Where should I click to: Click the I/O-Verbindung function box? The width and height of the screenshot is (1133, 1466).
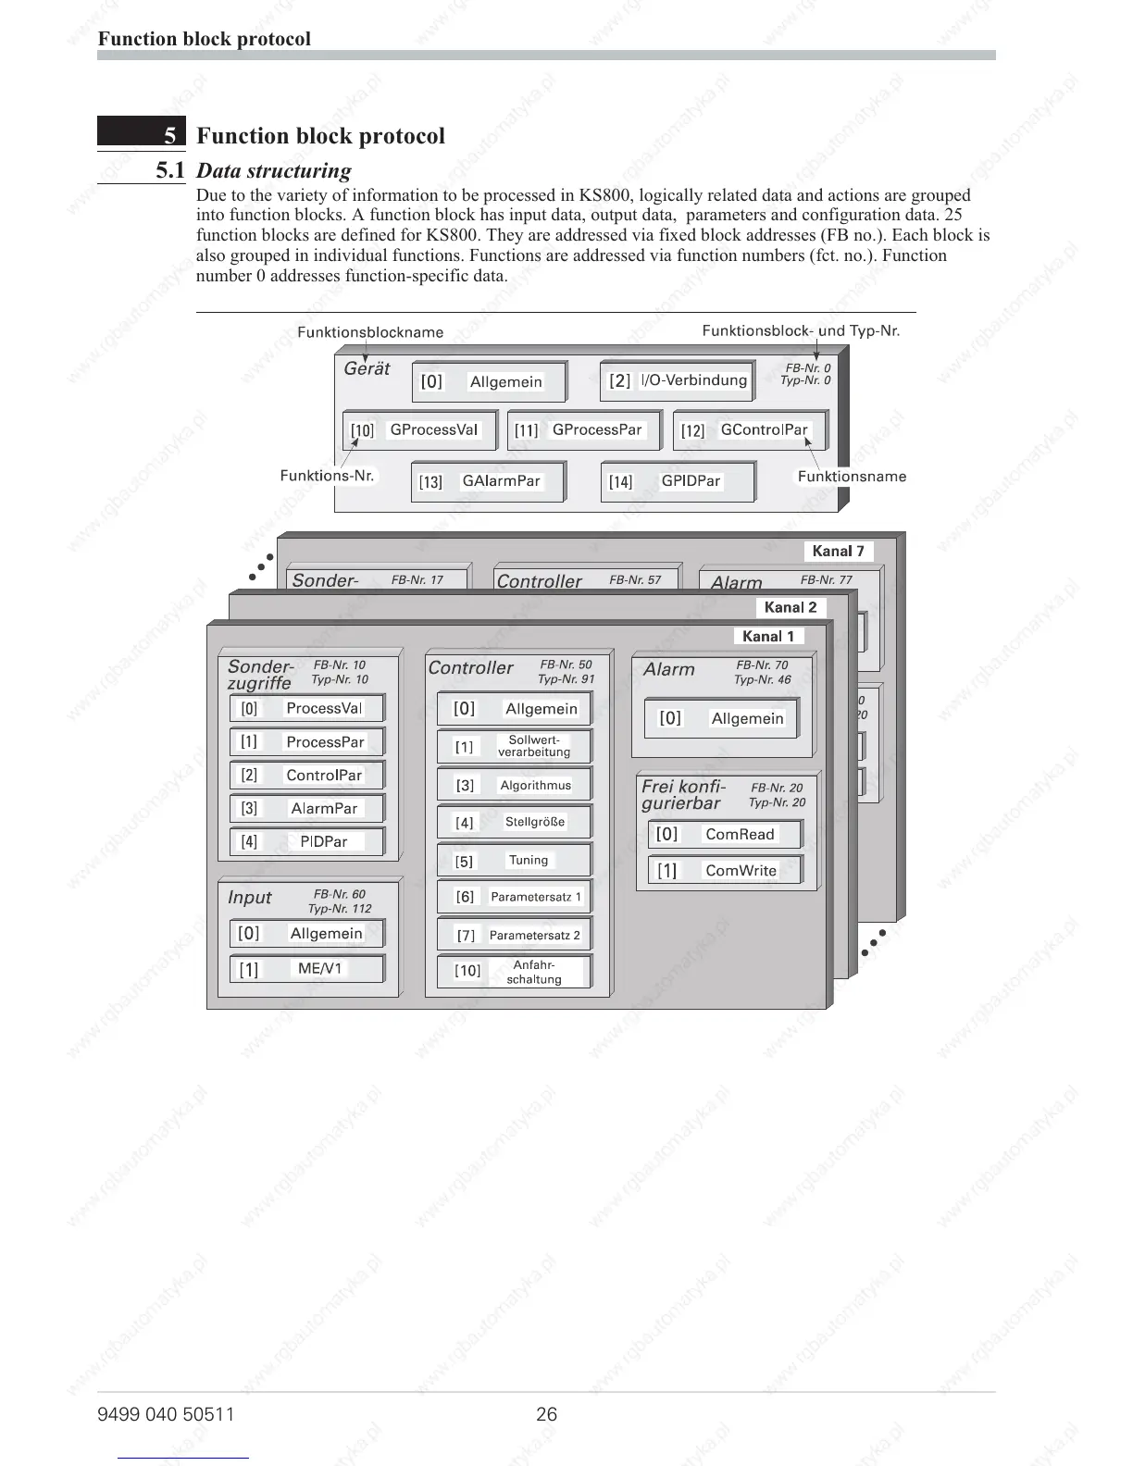(x=677, y=380)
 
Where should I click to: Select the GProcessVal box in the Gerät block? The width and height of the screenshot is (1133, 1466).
(x=419, y=430)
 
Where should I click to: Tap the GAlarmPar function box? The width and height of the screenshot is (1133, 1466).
(x=487, y=481)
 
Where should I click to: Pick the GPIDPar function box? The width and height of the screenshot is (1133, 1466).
(x=678, y=481)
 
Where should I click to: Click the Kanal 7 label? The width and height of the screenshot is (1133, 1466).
(x=838, y=552)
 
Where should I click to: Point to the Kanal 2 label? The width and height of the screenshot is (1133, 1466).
(x=791, y=607)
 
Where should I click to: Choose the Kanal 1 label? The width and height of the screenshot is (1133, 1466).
(x=768, y=636)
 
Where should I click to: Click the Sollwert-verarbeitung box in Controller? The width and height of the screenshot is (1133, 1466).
(x=514, y=746)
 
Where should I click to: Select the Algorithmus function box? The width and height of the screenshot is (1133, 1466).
(x=514, y=785)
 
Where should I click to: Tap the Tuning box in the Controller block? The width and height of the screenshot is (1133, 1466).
(x=514, y=861)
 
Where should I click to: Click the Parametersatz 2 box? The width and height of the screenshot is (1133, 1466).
(x=514, y=935)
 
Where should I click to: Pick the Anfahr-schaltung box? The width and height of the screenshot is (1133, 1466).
(x=514, y=972)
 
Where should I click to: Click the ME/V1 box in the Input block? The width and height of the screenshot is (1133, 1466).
(x=306, y=969)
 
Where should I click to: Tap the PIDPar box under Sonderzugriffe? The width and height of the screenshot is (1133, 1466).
(x=306, y=841)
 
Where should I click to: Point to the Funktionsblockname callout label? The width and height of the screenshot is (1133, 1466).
(x=370, y=332)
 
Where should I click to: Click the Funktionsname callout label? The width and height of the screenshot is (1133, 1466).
(x=852, y=477)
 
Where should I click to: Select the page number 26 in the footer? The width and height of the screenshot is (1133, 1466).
(x=547, y=1414)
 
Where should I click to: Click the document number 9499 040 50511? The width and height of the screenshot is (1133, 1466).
(x=166, y=1414)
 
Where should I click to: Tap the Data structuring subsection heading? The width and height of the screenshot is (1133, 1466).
(x=274, y=170)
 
